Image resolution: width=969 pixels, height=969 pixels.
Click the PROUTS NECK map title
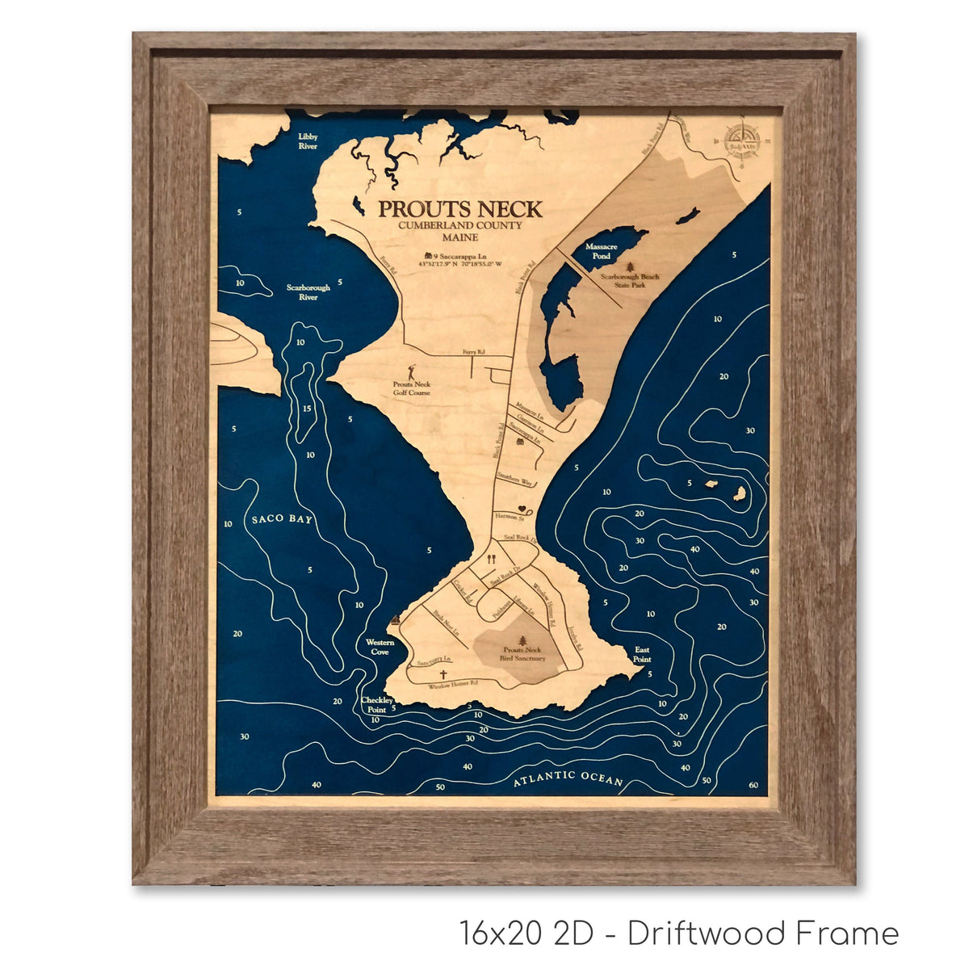[460, 208]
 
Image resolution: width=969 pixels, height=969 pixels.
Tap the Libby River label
[308, 141]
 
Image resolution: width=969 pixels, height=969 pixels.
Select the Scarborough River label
[308, 292]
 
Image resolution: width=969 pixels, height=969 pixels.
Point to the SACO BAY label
[281, 518]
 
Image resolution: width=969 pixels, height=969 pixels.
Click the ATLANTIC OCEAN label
[568, 778]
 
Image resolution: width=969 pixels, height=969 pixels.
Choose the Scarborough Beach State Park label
[630, 280]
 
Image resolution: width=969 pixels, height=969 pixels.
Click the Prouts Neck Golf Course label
[412, 388]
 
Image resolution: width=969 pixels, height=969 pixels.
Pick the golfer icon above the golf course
[412, 372]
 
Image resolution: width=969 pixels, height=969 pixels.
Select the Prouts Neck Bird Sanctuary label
[524, 654]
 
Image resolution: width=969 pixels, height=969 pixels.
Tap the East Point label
[642, 654]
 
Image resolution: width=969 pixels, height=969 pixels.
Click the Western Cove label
[380, 647]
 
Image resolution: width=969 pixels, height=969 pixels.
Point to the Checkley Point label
[377, 704]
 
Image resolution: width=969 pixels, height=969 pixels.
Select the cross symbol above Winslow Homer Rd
[443, 675]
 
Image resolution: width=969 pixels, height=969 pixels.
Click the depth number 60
[753, 785]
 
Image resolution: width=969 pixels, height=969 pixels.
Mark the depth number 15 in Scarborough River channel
[307, 409]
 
